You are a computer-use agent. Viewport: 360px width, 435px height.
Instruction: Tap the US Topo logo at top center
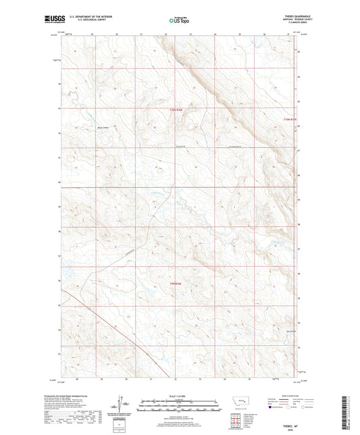coord(179,20)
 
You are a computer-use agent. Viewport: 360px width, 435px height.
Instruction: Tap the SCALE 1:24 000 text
coord(179,395)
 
